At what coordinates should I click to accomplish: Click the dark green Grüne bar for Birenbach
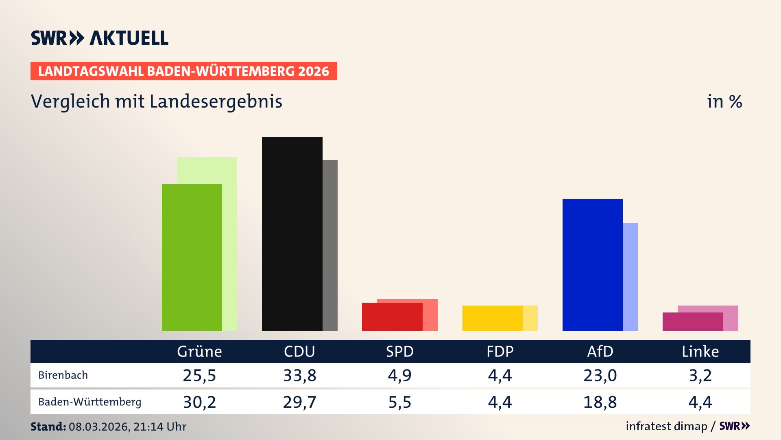192,257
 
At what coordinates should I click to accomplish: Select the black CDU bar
292,234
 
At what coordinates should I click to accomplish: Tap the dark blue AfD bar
592,265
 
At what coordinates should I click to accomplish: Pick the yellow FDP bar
492,318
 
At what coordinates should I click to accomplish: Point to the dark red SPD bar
392,317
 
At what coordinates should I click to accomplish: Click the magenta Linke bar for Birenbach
692,322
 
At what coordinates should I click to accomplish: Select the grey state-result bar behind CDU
330,245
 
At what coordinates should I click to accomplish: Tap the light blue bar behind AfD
630,277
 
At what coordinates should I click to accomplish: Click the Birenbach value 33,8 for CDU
300,375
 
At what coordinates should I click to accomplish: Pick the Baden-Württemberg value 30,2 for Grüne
199,402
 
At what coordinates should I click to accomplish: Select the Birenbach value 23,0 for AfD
600,375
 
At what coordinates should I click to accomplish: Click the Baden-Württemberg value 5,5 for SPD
400,402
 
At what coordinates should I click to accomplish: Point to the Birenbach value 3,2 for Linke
700,375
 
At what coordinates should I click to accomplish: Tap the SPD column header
400,351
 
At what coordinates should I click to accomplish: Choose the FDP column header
500,351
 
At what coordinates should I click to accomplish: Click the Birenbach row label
63,375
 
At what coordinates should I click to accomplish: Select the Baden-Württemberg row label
89,402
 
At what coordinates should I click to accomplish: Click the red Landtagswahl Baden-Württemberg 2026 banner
183,71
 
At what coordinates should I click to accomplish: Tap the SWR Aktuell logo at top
100,38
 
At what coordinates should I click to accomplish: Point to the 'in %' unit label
724,101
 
